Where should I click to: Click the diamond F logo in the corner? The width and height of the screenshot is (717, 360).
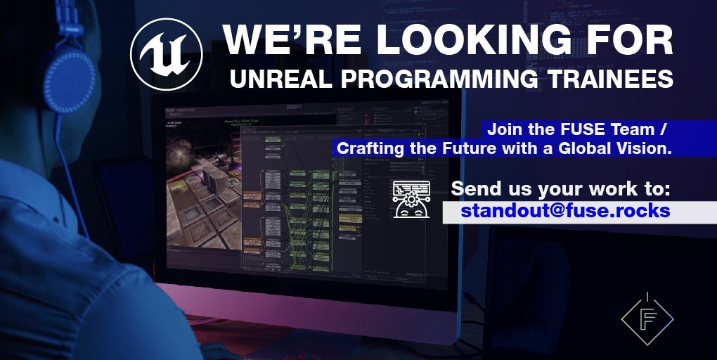(x=647, y=318)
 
